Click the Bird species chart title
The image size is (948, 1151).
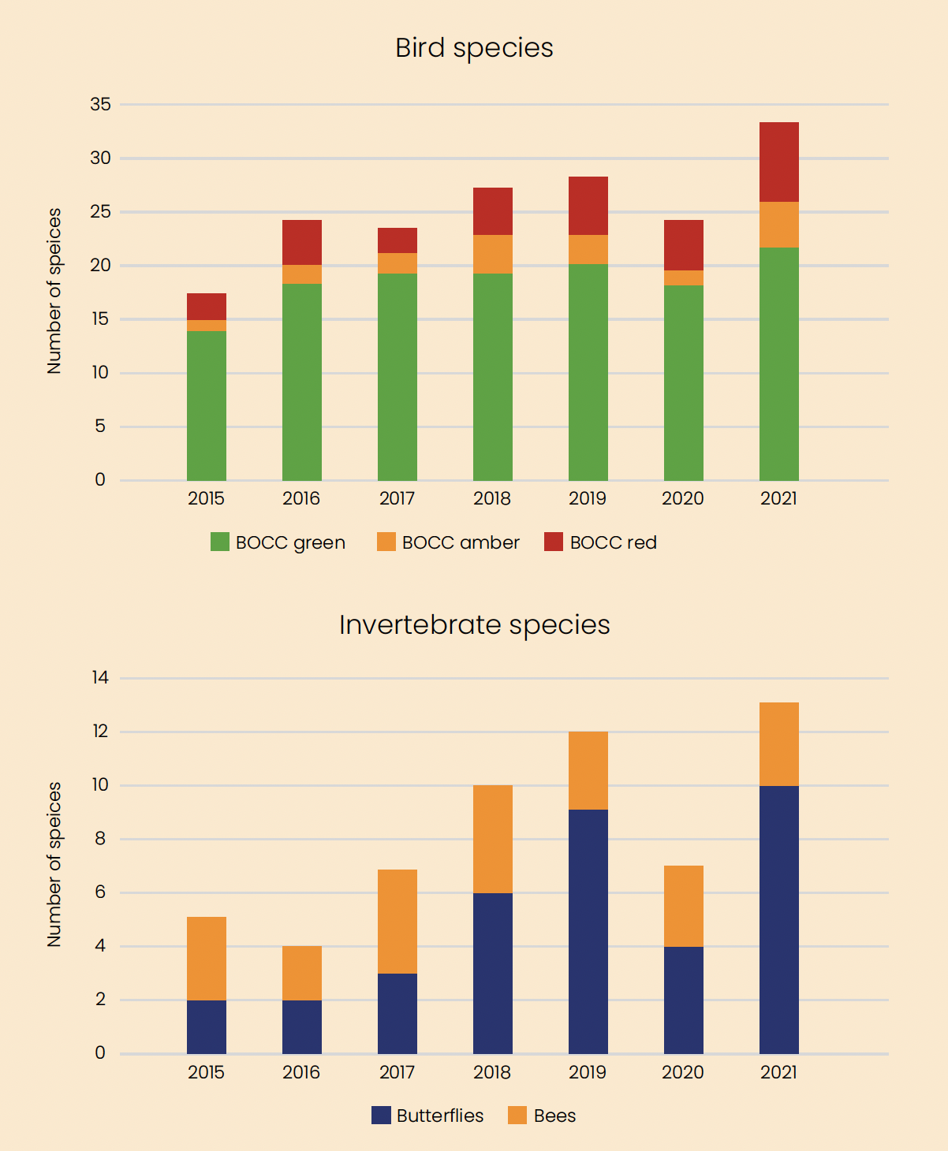(474, 48)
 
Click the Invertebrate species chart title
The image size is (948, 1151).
(474, 625)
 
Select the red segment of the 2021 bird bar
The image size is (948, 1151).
(779, 162)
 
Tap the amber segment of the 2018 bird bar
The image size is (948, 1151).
(493, 254)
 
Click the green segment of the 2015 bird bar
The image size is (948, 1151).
(207, 405)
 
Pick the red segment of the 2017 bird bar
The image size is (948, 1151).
(397, 240)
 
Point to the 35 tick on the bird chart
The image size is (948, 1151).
(101, 104)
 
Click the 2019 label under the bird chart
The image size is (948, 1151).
(588, 498)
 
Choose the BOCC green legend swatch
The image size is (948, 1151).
(220, 542)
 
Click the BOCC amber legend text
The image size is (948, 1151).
(461, 542)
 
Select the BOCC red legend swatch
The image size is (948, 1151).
(554, 542)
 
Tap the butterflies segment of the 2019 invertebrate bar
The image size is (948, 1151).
(588, 931)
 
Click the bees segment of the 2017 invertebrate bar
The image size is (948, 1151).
(397, 921)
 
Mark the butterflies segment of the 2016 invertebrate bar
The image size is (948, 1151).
(302, 1026)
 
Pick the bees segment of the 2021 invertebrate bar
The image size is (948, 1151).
(779, 743)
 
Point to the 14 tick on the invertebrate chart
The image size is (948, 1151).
(100, 677)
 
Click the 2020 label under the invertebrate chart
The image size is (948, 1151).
(683, 1072)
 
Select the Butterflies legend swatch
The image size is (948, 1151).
(382, 1116)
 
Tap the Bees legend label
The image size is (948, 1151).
(554, 1116)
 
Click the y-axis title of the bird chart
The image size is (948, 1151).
(54, 291)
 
